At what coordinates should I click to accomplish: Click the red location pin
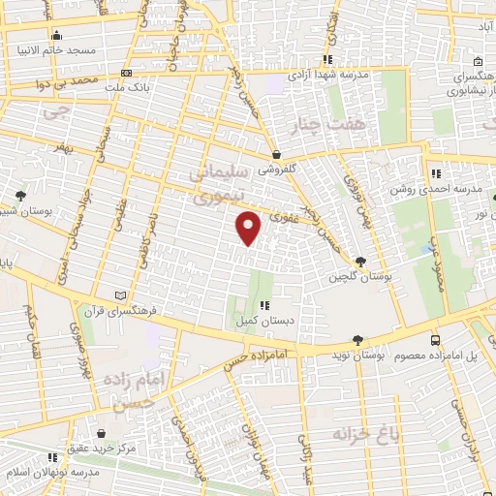click(249, 227)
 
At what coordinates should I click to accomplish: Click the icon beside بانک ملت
click(126, 73)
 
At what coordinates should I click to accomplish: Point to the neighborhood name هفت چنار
click(329, 124)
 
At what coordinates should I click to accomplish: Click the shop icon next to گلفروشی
click(276, 153)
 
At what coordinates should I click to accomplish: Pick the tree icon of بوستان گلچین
click(361, 262)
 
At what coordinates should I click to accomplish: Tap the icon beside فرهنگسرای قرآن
click(119, 294)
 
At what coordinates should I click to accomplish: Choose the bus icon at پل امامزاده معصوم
click(435, 340)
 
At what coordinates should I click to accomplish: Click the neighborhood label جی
click(58, 113)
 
